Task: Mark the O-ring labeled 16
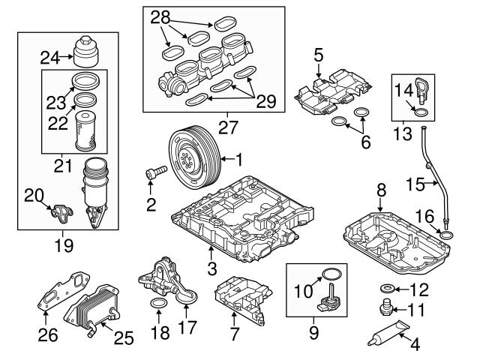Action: (x=445, y=238)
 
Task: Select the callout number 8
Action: (x=381, y=191)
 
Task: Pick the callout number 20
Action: (x=34, y=195)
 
